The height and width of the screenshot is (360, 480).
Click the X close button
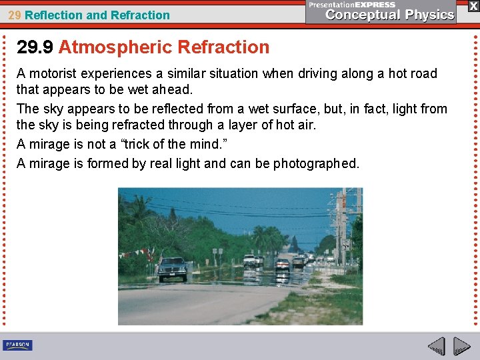473,6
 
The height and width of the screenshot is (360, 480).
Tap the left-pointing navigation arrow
436,346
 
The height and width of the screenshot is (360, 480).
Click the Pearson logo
17,345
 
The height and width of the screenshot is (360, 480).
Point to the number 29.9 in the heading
35,47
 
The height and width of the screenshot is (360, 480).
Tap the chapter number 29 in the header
15,15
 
